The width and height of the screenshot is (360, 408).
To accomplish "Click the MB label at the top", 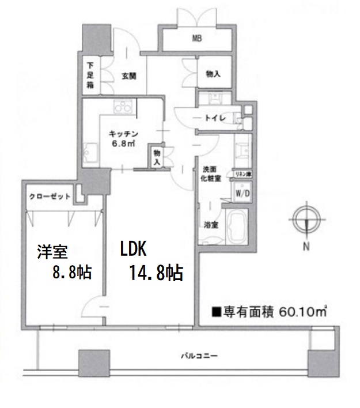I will [197, 39].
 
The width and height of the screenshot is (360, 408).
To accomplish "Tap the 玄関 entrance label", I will [128, 75].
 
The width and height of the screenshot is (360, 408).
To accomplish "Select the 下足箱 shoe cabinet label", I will [90, 75].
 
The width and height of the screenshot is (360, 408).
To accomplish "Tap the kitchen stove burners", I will [124, 107].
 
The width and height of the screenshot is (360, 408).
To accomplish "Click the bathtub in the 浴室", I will [237, 228].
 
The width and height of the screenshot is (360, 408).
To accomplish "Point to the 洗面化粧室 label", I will [209, 175].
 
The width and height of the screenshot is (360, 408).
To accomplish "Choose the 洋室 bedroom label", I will [53, 252].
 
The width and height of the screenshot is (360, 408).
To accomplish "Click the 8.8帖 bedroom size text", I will [73, 273].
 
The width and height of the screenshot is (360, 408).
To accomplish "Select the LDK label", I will [135, 249].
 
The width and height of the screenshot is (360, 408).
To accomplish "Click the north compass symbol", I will [306, 219].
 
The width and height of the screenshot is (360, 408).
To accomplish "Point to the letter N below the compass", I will [306, 247].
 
